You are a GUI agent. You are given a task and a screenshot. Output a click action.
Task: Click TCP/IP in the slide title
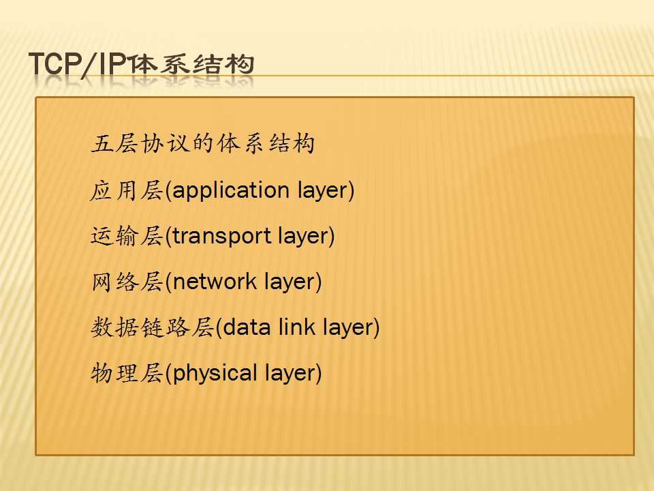point(78,65)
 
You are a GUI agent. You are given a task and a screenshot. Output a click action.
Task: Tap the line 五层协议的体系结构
point(203,144)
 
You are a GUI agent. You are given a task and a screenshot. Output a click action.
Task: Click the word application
point(231,191)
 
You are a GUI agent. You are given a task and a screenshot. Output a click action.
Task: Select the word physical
point(215,374)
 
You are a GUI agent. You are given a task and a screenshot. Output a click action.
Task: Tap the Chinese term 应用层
point(127,191)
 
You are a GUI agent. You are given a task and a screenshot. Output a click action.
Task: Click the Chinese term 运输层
point(127,237)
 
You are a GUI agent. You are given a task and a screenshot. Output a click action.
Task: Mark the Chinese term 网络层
point(127,282)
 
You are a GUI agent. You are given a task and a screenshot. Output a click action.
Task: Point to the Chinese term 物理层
point(127,373)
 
